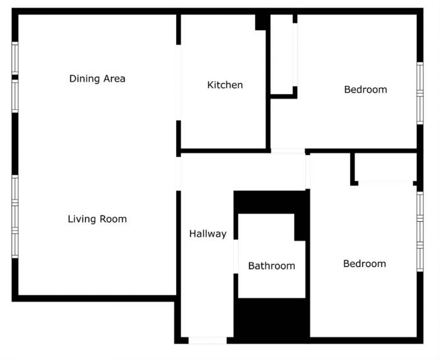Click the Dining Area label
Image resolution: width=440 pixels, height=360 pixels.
pyautogui.click(x=97, y=79)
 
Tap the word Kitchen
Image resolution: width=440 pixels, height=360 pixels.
pyautogui.click(x=225, y=85)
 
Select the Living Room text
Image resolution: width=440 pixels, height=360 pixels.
pyautogui.click(x=97, y=219)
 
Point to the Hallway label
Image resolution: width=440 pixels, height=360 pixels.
pyautogui.click(x=207, y=234)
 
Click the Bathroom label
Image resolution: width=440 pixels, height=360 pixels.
pyautogui.click(x=272, y=266)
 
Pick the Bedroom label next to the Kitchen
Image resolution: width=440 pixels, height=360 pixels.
pyautogui.click(x=365, y=89)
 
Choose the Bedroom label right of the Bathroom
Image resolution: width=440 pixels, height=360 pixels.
pyautogui.click(x=364, y=264)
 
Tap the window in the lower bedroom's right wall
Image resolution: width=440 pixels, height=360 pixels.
pyautogui.click(x=420, y=231)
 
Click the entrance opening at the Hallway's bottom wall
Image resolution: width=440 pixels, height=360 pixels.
pyautogui.click(x=207, y=340)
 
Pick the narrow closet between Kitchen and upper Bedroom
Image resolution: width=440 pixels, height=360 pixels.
pyautogui.click(x=282, y=55)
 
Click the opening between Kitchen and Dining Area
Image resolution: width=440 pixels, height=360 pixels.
pyautogui.click(x=179, y=82)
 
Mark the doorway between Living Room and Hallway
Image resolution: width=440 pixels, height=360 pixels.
pyautogui.click(x=179, y=173)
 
